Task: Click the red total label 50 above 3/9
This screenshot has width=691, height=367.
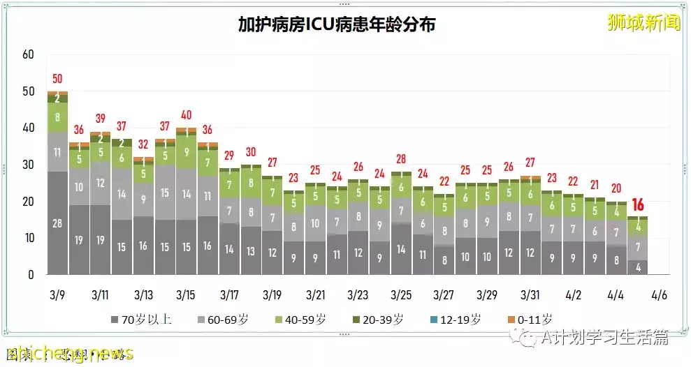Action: (57, 79)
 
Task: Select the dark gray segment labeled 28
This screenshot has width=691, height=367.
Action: (57, 223)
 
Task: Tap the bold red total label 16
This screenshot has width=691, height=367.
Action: (638, 205)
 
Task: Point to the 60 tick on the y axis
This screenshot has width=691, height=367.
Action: (28, 54)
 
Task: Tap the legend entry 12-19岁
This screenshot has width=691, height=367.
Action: (458, 320)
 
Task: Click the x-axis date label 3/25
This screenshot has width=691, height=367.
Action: (401, 295)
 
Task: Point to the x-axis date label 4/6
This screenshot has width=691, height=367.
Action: (658, 295)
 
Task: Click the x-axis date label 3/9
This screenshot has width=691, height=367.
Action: (57, 295)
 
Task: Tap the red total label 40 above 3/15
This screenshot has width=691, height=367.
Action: (186, 115)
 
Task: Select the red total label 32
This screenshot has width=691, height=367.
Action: (143, 144)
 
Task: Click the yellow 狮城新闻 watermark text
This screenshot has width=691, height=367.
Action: (643, 23)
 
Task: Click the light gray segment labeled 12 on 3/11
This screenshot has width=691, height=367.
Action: (100, 183)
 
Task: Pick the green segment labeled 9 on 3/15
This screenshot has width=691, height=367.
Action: (186, 152)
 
